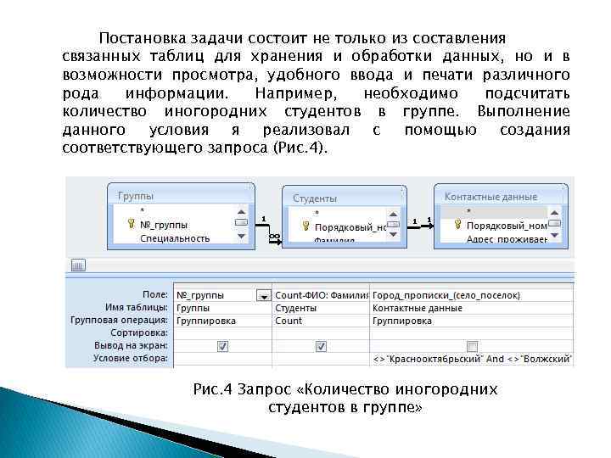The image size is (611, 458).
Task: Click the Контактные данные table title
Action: point(490,197)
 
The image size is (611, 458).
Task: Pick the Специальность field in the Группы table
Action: point(174,238)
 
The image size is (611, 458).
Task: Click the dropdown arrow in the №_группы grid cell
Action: point(263,295)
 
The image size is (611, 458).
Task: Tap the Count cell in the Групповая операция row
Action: point(289,321)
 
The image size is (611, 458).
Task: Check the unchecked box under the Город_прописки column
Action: point(472,346)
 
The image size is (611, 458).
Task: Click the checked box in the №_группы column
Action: point(222,346)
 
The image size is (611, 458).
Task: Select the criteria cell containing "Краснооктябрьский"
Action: point(472,360)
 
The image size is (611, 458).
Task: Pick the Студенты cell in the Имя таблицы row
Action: point(295,308)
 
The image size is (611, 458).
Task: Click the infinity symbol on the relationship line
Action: point(274,237)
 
